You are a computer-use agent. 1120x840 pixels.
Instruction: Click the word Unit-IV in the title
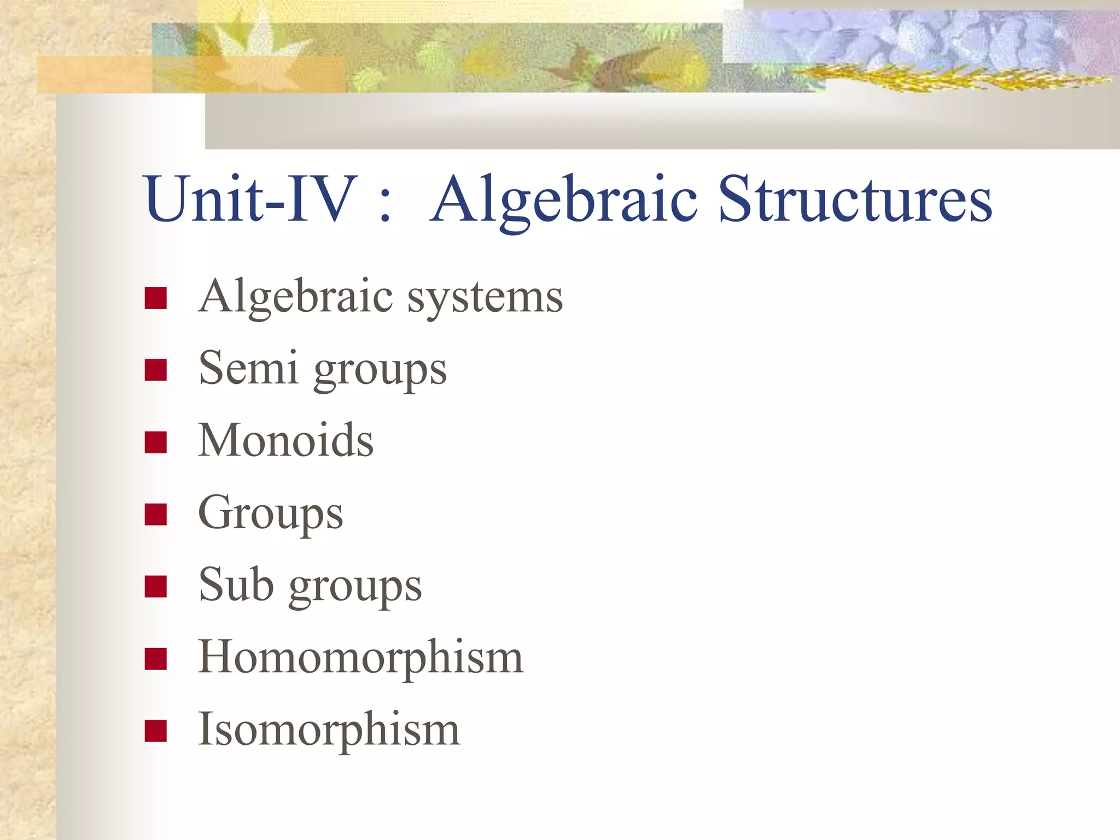[249, 199]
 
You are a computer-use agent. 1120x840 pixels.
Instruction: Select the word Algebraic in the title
[563, 201]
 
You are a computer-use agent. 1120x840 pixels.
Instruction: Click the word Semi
[248, 368]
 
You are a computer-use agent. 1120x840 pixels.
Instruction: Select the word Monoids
[286, 440]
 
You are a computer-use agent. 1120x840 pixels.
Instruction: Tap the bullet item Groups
[271, 514]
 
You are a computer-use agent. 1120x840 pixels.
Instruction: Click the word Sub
[236, 585]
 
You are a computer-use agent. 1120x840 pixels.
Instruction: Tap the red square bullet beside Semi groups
[156, 370]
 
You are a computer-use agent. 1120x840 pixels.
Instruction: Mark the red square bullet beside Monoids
[156, 442]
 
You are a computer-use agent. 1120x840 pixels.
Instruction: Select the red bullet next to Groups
[156, 515]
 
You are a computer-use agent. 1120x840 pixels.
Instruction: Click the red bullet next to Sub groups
[156, 587]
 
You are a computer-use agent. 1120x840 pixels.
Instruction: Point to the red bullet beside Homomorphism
[156, 659]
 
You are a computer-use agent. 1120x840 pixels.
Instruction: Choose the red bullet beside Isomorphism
[156, 731]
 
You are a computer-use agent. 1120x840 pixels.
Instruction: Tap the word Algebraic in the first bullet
[296, 298]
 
